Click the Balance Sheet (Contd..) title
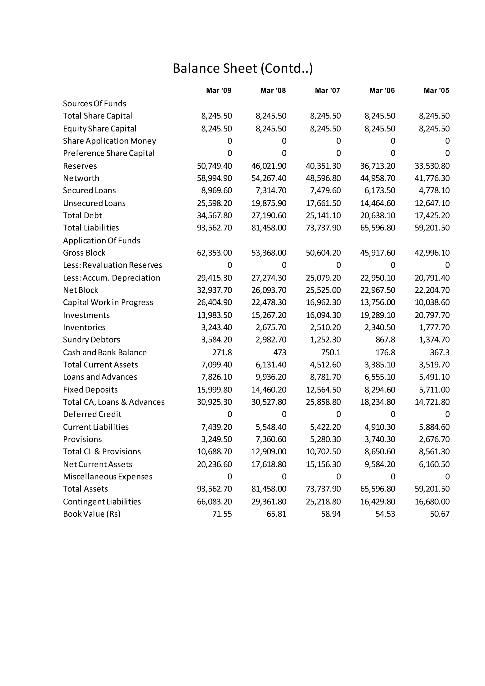[x=242, y=68]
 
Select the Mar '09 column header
[x=219, y=90]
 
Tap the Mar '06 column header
[x=382, y=90]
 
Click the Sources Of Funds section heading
[x=94, y=104]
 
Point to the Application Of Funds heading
[x=102, y=240]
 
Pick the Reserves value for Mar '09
[x=214, y=166]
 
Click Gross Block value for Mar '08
[x=269, y=253]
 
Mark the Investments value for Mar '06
[x=377, y=315]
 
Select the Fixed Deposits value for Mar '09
[x=214, y=390]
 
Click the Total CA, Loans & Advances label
[x=113, y=402]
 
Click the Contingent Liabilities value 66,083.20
[x=214, y=502]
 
